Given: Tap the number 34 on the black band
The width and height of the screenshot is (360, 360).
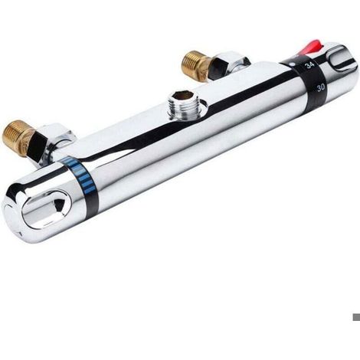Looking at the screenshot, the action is (310, 65).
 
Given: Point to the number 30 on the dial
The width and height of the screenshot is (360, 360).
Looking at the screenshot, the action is (321, 87).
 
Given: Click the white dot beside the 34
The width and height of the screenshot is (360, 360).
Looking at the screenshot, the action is (293, 64).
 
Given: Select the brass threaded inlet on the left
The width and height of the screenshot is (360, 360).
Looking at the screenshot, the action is (17, 138).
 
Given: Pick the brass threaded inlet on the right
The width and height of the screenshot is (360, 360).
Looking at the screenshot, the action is (195, 65).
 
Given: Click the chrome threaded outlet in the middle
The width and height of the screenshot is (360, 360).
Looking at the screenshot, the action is (185, 105).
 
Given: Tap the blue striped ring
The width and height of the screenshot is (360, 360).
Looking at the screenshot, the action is (79, 175).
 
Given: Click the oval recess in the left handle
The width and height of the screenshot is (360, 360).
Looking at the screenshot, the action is (47, 209).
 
